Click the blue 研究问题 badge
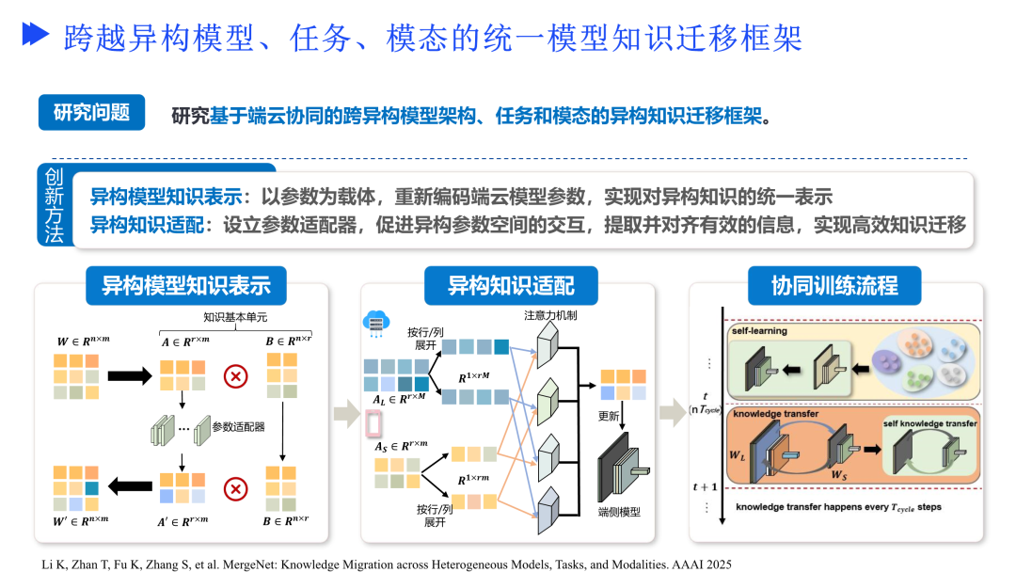point(91,113)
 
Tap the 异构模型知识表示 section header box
point(186,285)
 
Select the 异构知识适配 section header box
point(510,285)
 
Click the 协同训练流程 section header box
point(834,285)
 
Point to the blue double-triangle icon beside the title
point(36,36)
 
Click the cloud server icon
point(375,323)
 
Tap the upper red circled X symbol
point(236,376)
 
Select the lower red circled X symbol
point(236,488)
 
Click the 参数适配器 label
point(238,426)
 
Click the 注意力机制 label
point(550,315)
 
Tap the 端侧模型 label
point(618,512)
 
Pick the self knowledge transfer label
point(929,423)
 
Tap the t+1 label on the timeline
point(706,486)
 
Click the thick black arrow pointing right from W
point(129,376)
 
